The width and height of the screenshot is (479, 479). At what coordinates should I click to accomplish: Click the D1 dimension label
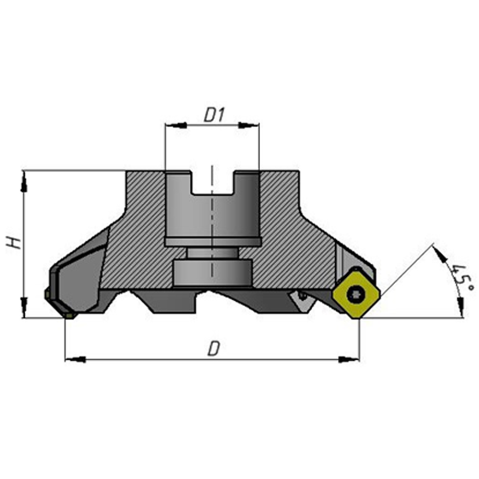click(214, 115)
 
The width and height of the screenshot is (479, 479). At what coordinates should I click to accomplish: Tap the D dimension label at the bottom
click(212, 349)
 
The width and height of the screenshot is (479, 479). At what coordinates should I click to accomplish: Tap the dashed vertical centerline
click(212, 221)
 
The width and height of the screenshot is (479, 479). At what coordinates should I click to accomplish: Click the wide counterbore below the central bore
click(212, 272)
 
